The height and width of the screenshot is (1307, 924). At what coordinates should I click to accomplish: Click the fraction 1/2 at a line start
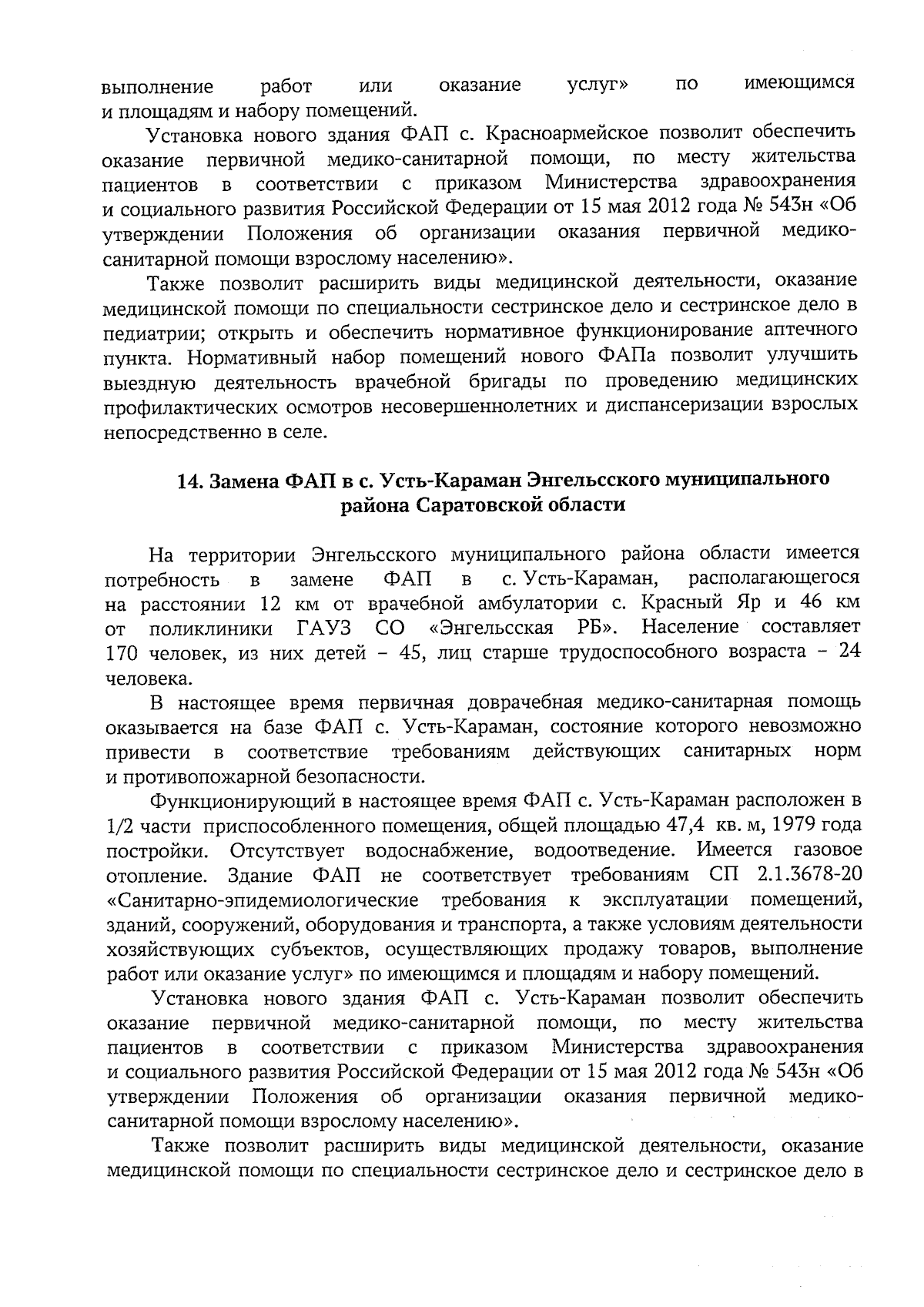120,826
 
